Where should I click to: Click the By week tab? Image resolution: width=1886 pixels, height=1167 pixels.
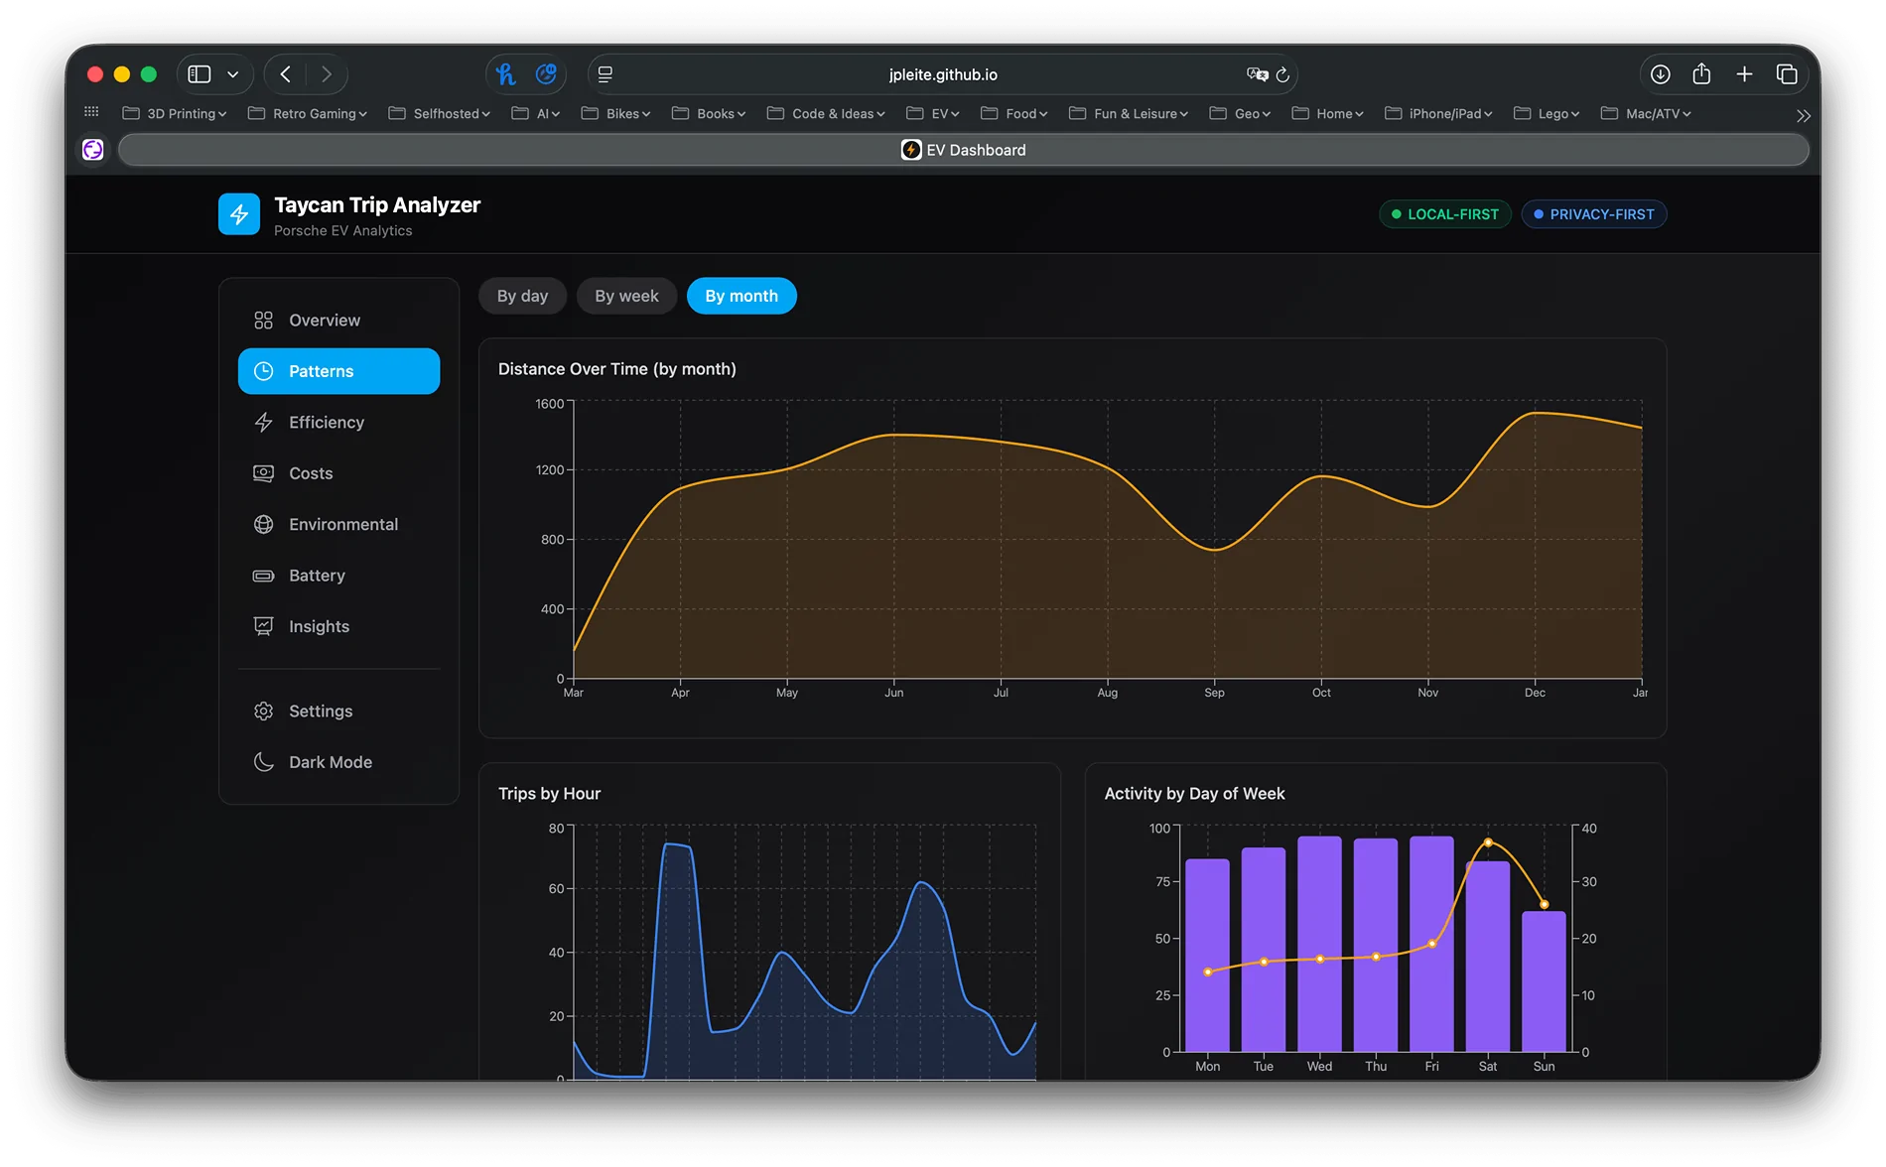click(x=626, y=296)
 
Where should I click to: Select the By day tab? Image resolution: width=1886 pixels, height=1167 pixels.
click(x=522, y=296)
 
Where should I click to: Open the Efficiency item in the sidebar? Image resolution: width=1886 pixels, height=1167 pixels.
click(x=326, y=423)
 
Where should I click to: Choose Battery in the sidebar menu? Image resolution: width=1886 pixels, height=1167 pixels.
click(x=317, y=576)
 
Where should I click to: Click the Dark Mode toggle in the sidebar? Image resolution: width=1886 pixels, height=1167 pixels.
click(x=330, y=762)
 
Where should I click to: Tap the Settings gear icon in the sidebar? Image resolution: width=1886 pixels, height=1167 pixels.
click(x=263, y=712)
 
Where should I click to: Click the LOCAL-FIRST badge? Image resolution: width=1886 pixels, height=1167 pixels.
click(x=1444, y=214)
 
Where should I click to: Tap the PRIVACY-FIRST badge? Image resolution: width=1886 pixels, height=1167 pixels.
click(x=1593, y=214)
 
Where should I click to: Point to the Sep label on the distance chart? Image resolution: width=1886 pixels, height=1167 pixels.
click(x=1214, y=693)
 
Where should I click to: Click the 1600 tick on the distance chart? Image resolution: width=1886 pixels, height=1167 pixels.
click(x=549, y=404)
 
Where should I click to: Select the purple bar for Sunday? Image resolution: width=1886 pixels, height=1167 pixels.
click(x=1544, y=982)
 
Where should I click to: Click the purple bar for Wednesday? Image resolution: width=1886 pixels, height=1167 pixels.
click(x=1319, y=943)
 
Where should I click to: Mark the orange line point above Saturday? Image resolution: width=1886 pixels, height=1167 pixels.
click(x=1488, y=843)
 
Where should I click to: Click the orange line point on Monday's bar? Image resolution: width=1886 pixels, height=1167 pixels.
click(x=1207, y=972)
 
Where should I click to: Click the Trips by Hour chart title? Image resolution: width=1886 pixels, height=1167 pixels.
click(x=549, y=794)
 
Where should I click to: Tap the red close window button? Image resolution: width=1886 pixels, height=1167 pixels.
click(x=95, y=74)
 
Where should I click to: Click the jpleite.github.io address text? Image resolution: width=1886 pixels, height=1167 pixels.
click(x=943, y=74)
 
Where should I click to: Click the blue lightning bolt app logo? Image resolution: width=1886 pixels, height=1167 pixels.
click(x=239, y=214)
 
